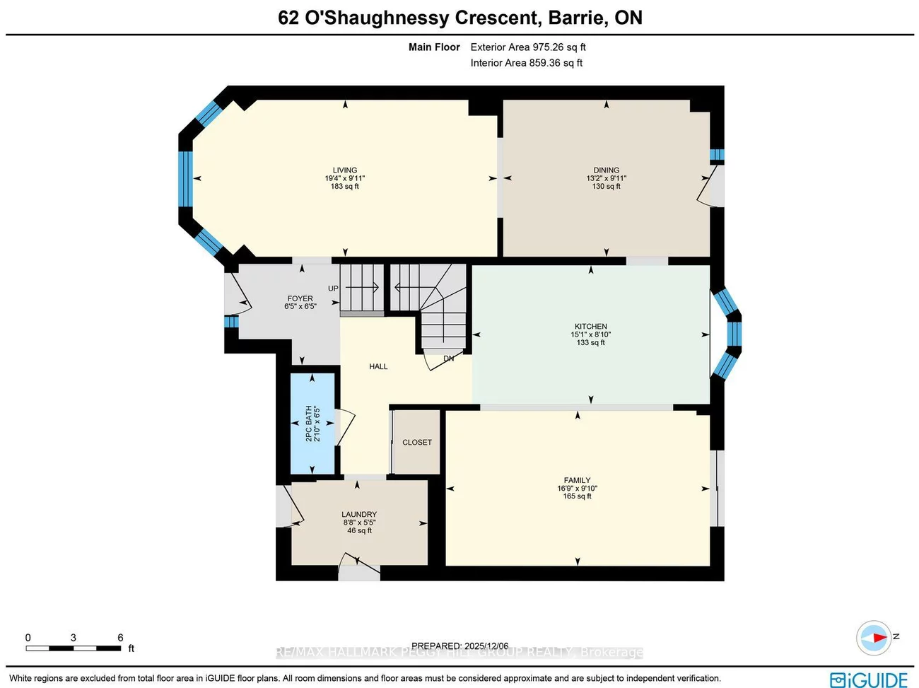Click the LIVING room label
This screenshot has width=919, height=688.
point(345,170)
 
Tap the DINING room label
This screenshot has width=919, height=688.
point(606,170)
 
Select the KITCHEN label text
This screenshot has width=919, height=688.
point(590,326)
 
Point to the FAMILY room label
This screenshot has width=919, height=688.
point(577,480)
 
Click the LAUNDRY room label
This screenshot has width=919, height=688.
point(359,514)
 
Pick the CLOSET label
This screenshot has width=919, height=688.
point(417,442)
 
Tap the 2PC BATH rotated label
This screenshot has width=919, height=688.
point(309,424)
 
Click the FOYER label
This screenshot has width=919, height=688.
point(300,298)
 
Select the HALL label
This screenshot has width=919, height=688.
point(378,366)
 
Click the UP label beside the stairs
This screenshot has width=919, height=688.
point(333,288)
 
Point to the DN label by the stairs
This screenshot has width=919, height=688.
point(448,358)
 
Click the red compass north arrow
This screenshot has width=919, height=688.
point(877,637)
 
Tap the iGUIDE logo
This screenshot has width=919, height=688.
point(869,680)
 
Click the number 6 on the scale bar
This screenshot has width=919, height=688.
point(120,637)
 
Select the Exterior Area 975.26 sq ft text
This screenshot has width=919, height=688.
point(528,47)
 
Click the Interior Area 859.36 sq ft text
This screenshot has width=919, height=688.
point(527,63)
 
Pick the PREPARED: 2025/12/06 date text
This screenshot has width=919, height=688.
point(459,646)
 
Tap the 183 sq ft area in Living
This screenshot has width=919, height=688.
point(345,186)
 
